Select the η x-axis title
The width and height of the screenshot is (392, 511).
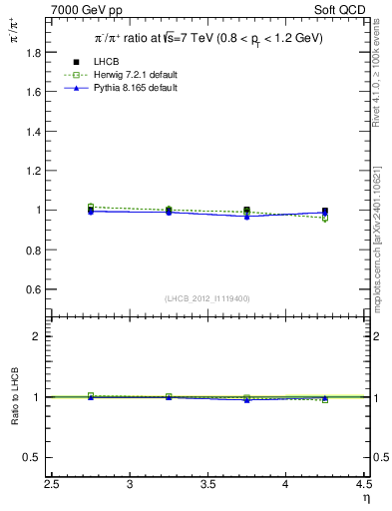[365, 497]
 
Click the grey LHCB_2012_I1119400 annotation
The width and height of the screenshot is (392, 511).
[207, 298]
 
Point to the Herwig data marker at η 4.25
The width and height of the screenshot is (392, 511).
[325, 219]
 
